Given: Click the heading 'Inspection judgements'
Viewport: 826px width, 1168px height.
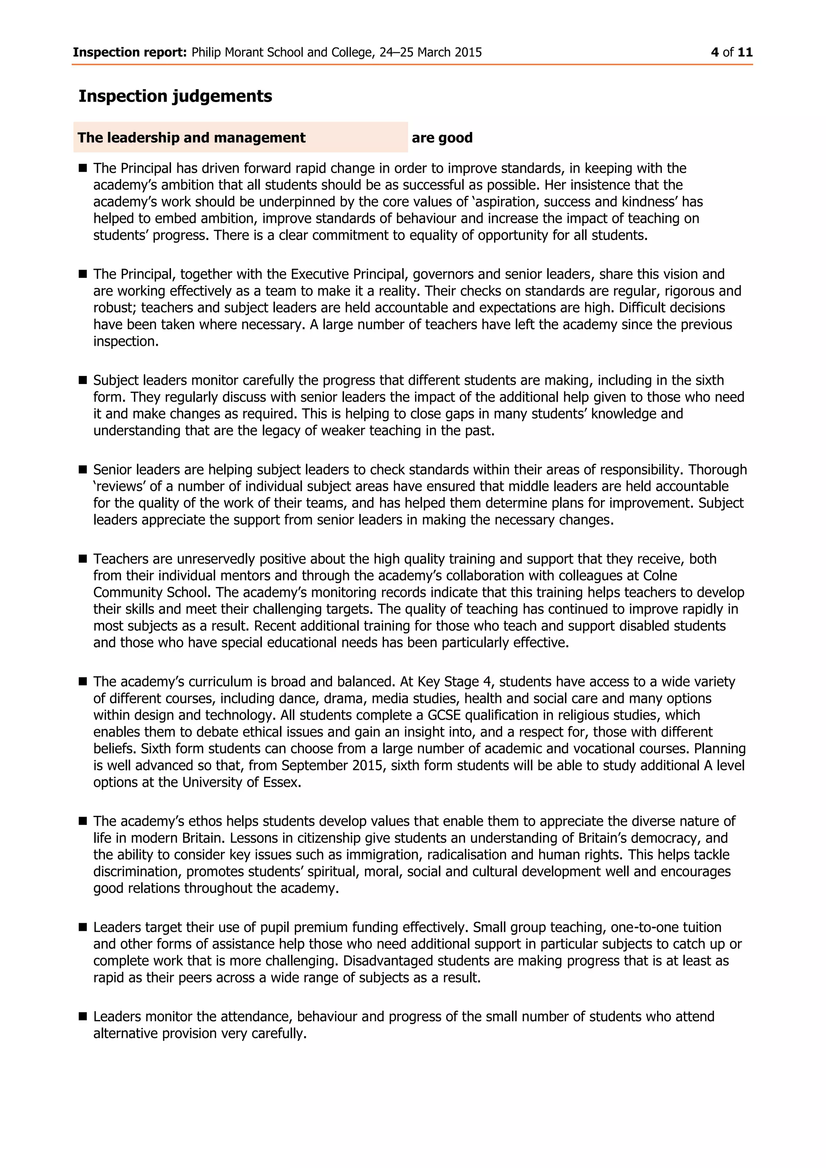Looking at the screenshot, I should point(175,96).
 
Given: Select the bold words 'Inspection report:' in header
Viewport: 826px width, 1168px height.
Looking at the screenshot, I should point(130,52).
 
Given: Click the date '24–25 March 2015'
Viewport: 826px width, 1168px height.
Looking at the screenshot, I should point(430,52).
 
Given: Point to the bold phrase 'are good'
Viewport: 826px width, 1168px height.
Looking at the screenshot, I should point(442,138).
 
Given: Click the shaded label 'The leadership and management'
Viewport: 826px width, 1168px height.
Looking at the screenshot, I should point(191,138).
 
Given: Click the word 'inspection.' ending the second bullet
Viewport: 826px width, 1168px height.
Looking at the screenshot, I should point(125,341).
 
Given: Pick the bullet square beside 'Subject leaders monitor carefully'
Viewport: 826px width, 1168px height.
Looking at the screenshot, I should point(83,380).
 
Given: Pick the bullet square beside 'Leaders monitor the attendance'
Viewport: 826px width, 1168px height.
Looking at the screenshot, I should point(83,1016).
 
